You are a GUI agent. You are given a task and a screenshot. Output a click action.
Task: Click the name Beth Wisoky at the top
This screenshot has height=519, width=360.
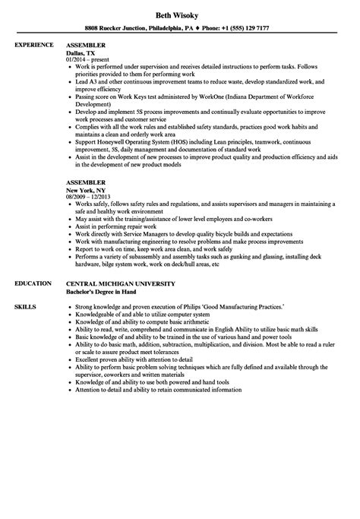point(180,14)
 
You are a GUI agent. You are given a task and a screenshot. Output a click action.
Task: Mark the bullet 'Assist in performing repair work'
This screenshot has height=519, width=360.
point(115,218)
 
